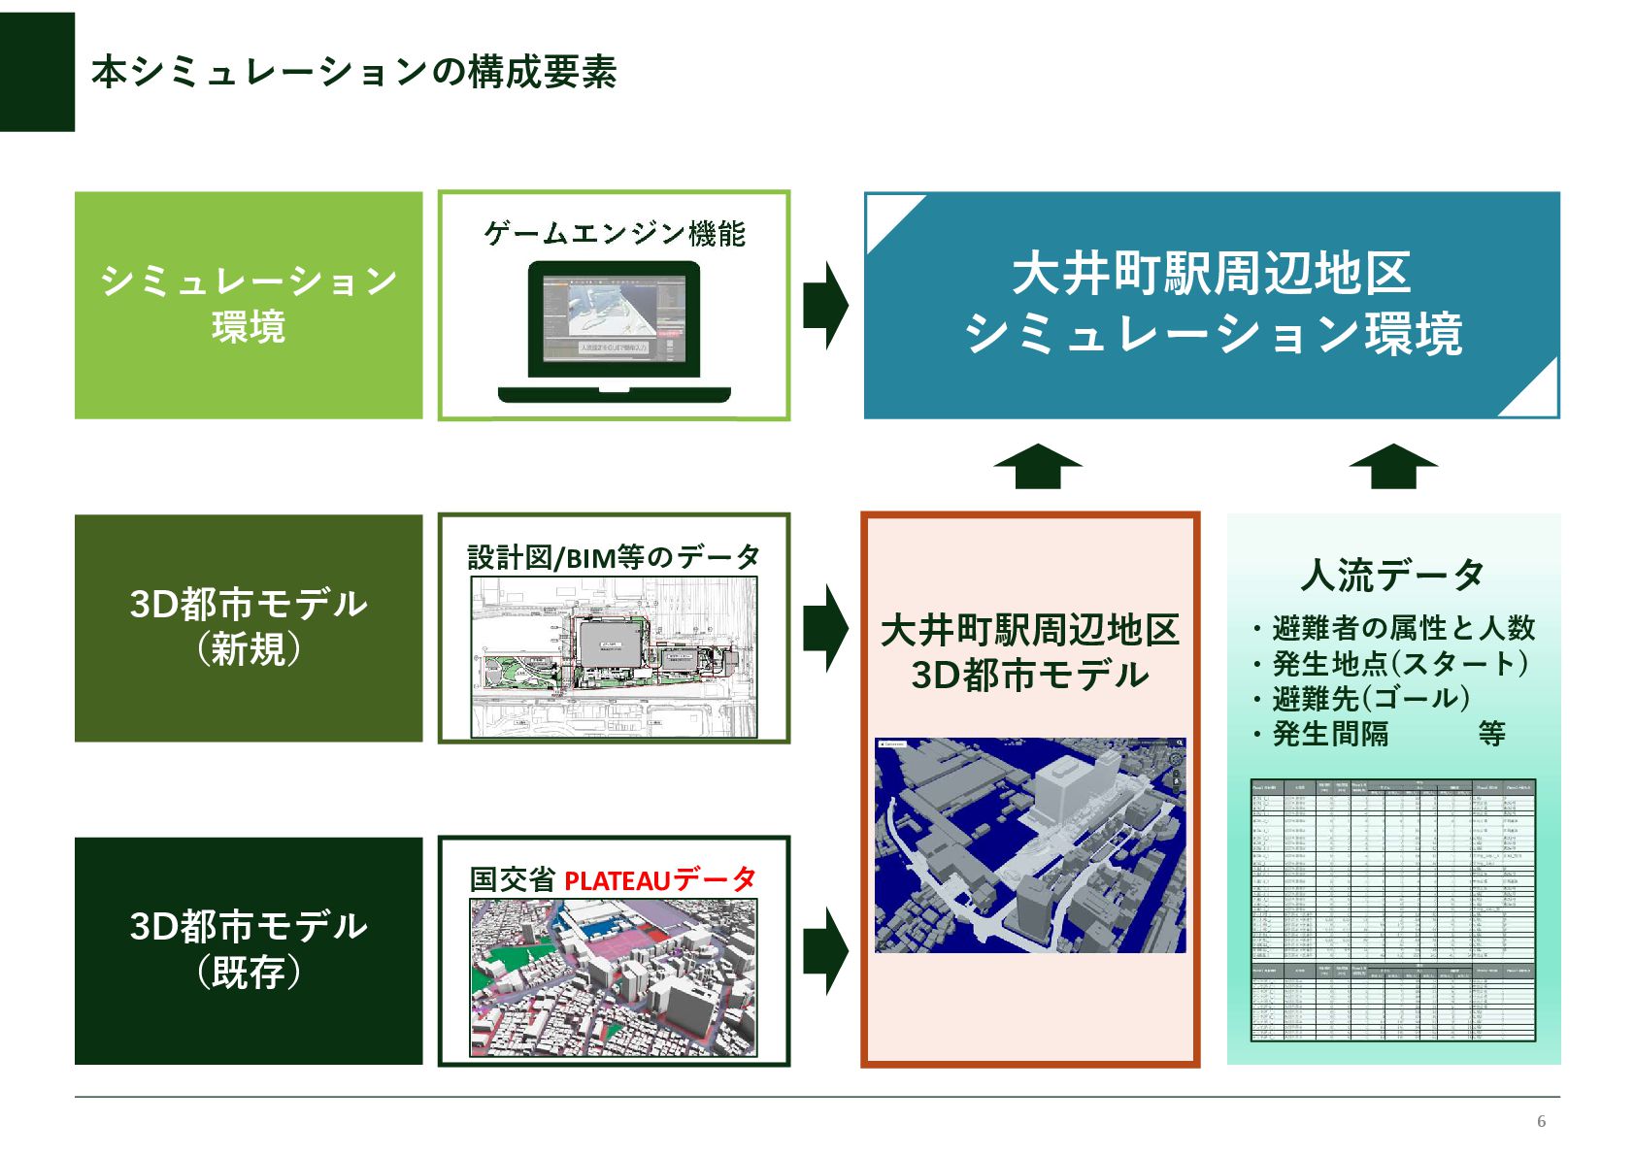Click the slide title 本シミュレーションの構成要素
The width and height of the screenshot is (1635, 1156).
tap(353, 72)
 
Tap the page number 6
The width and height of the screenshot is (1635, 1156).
tap(1541, 1121)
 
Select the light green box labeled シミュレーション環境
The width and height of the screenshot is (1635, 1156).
tap(249, 305)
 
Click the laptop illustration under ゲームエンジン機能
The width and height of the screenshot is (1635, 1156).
tap(614, 331)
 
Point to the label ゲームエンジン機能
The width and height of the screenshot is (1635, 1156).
tap(614, 234)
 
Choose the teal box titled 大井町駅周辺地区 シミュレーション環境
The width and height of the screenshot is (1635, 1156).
tap(1211, 305)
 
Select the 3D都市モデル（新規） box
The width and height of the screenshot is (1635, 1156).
tap(249, 628)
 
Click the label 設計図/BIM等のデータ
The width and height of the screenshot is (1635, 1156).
tap(614, 557)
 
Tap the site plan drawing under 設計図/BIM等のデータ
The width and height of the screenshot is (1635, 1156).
tap(614, 657)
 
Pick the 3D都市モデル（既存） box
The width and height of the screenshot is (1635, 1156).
tap(249, 950)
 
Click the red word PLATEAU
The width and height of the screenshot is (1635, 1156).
tap(617, 881)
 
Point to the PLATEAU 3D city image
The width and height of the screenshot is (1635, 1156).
tap(614, 977)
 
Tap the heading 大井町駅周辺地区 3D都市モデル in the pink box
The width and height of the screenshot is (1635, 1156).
tap(1029, 652)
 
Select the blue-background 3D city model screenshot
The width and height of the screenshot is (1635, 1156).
tap(1030, 844)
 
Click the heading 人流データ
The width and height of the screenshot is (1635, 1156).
tap(1392, 575)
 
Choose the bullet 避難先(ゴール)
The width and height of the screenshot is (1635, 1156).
tap(1370, 699)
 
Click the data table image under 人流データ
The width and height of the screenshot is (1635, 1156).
tap(1392, 909)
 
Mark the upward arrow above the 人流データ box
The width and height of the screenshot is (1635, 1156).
tap(1392, 466)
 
